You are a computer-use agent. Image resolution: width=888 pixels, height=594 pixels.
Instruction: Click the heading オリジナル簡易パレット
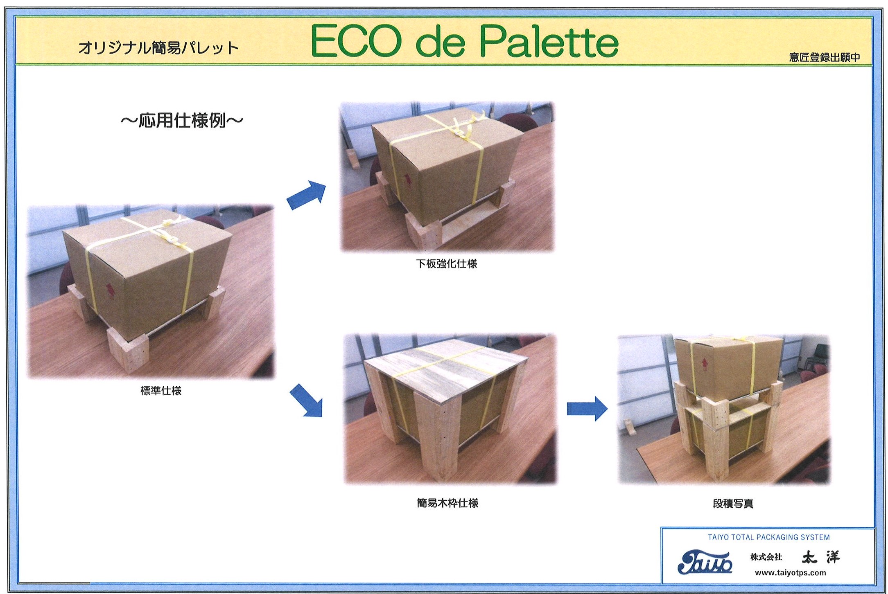click(158, 48)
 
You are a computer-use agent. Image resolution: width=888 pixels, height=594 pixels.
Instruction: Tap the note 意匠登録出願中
click(825, 58)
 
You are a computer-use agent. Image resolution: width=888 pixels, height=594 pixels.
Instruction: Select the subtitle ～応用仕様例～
click(182, 120)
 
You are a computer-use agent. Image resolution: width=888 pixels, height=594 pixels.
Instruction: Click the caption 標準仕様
click(161, 391)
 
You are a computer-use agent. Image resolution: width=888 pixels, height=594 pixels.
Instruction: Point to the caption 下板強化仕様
click(447, 264)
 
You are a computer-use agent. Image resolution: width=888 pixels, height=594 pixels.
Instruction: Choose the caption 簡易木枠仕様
click(447, 503)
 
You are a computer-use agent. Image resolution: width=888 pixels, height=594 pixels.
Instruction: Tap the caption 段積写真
click(733, 504)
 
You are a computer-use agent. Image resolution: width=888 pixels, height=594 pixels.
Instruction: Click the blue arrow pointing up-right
click(307, 195)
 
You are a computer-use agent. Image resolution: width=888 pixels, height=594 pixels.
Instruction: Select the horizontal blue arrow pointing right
click(587, 409)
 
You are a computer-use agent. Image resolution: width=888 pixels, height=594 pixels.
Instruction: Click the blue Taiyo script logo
click(705, 562)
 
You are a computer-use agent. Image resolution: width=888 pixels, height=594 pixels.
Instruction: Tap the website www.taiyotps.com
click(790, 573)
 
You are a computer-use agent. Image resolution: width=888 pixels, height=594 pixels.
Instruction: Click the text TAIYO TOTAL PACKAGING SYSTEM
click(769, 537)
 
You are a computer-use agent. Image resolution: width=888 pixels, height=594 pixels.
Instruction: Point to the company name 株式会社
click(766, 557)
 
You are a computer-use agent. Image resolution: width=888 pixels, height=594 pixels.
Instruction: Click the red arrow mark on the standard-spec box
click(109, 288)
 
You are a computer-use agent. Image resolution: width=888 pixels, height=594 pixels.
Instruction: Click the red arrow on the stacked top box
click(704, 363)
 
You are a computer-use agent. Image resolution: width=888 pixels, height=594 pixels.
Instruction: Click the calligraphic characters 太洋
click(820, 557)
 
